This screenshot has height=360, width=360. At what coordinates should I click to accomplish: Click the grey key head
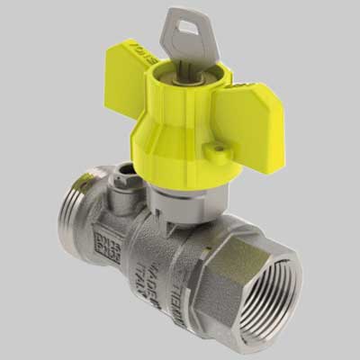click(x=184, y=35)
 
